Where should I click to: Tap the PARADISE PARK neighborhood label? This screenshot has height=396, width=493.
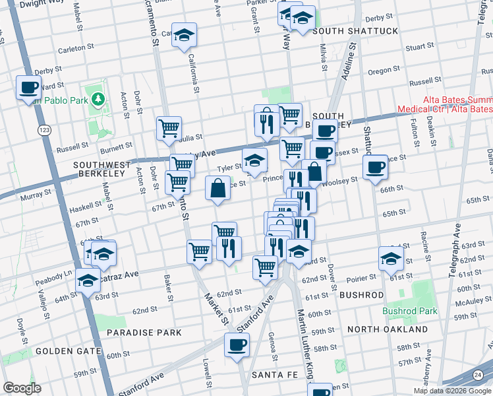144,332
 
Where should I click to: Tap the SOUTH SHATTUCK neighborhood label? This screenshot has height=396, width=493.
355,31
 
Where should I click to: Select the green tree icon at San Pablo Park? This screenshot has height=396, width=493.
99,99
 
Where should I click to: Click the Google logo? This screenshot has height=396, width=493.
22,388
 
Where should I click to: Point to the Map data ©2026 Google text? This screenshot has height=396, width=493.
452,391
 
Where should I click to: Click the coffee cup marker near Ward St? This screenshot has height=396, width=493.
28,88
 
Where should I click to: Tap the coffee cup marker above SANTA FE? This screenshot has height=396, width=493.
237,344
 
